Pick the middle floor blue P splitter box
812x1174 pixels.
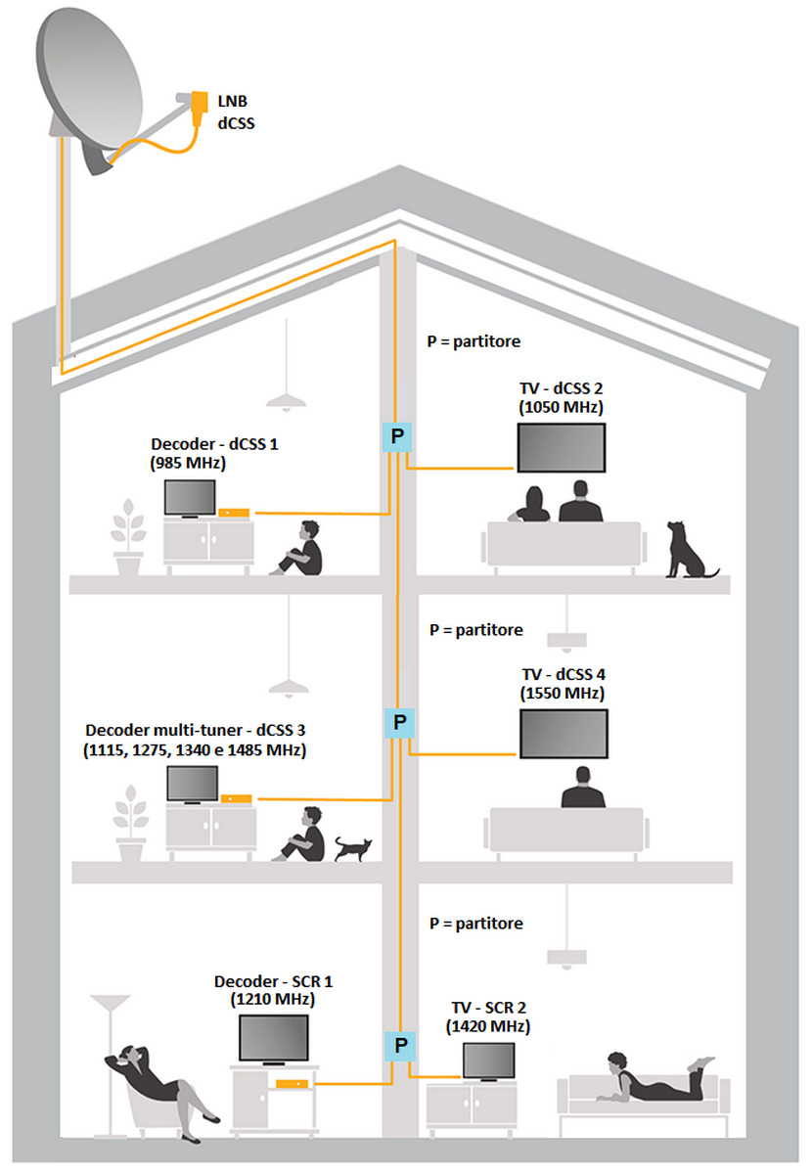point(399,723)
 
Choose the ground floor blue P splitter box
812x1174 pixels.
point(399,1046)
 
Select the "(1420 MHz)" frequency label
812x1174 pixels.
point(488,1026)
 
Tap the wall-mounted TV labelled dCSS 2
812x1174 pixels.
point(561,449)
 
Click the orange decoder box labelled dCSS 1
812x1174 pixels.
point(235,512)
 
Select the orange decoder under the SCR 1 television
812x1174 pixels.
point(290,1083)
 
